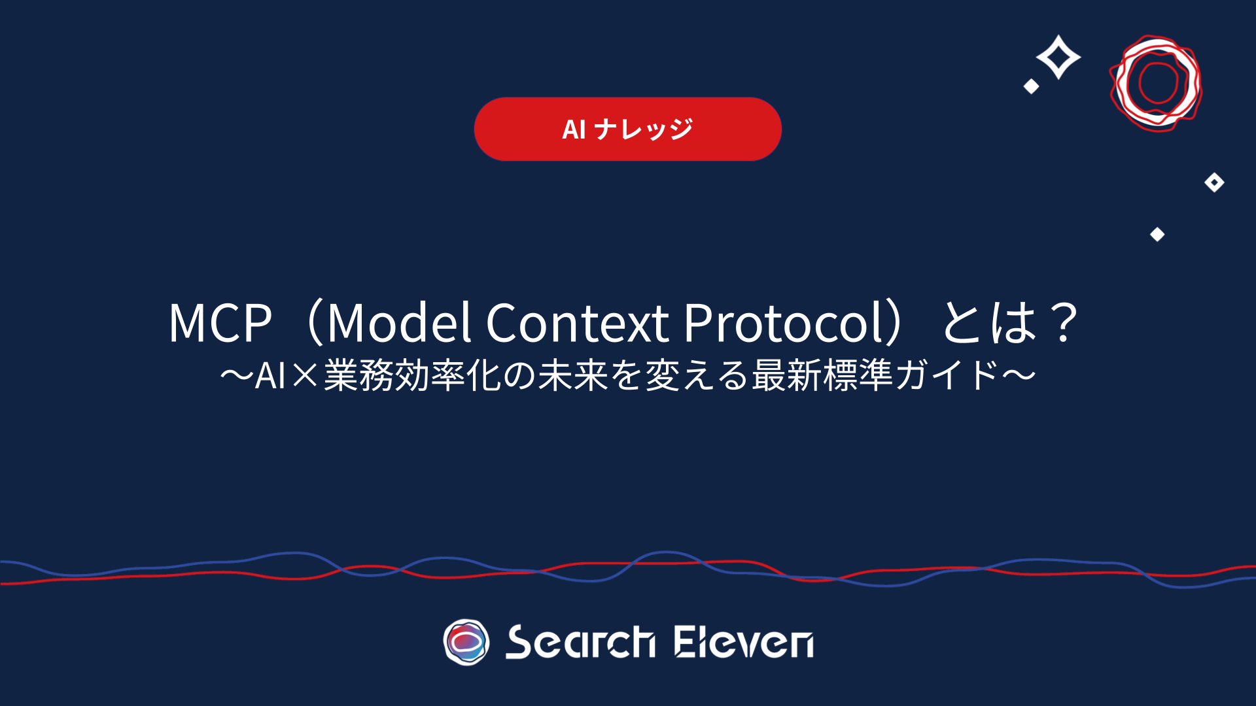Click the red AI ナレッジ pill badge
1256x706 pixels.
(x=628, y=129)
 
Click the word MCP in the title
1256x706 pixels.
(x=220, y=322)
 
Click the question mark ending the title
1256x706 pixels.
(x=1064, y=322)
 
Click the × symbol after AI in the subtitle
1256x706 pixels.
(x=305, y=376)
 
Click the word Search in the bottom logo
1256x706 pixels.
(x=580, y=642)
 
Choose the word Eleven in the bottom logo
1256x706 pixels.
(x=744, y=642)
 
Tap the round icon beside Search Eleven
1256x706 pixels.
(x=466, y=642)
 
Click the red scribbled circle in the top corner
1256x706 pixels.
(x=1157, y=83)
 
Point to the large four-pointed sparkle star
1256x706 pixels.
(x=1058, y=57)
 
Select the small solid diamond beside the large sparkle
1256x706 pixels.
(x=1032, y=86)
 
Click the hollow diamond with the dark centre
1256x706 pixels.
(x=1214, y=182)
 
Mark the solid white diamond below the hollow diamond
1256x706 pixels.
(x=1157, y=234)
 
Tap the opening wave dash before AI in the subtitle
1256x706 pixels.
(x=237, y=376)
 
